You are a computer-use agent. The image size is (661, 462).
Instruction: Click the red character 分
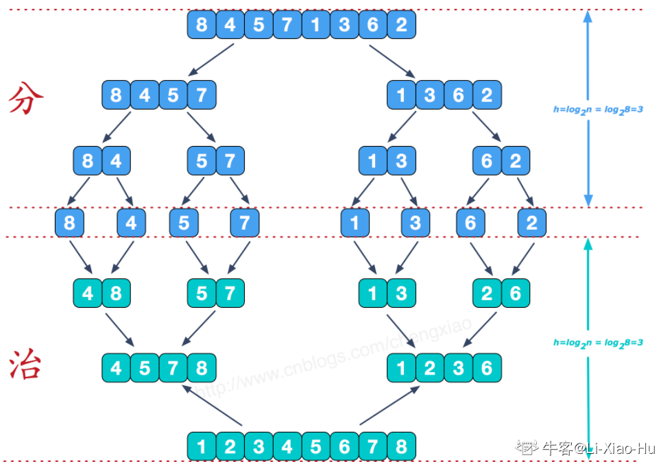coord(26,100)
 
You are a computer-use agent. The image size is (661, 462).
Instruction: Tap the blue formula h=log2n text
coord(598,109)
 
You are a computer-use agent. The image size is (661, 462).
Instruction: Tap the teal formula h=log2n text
coord(598,342)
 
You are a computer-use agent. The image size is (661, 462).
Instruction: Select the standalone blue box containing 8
coord(69,223)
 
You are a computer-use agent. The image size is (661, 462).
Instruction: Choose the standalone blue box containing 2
coord(532,223)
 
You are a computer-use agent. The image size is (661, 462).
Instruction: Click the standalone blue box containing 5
coord(183,223)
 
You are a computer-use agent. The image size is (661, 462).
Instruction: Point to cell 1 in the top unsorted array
coord(315,25)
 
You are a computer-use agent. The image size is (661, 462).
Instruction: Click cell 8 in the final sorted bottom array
coord(401,446)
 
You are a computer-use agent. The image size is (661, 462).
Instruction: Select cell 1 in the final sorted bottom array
coord(202,446)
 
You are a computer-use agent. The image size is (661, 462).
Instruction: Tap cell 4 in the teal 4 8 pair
coord(88,293)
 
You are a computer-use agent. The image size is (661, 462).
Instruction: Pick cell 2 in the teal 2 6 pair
coord(487,293)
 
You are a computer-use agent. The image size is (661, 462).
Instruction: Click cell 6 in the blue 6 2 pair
coord(487,162)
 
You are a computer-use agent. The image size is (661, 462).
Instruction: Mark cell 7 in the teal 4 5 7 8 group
coord(173,368)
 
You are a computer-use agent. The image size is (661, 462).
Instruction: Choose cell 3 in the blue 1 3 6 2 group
coord(430,95)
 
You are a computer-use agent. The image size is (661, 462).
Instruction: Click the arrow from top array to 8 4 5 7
coord(212,60)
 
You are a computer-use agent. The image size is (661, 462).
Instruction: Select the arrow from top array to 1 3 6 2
coord(392,60)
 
